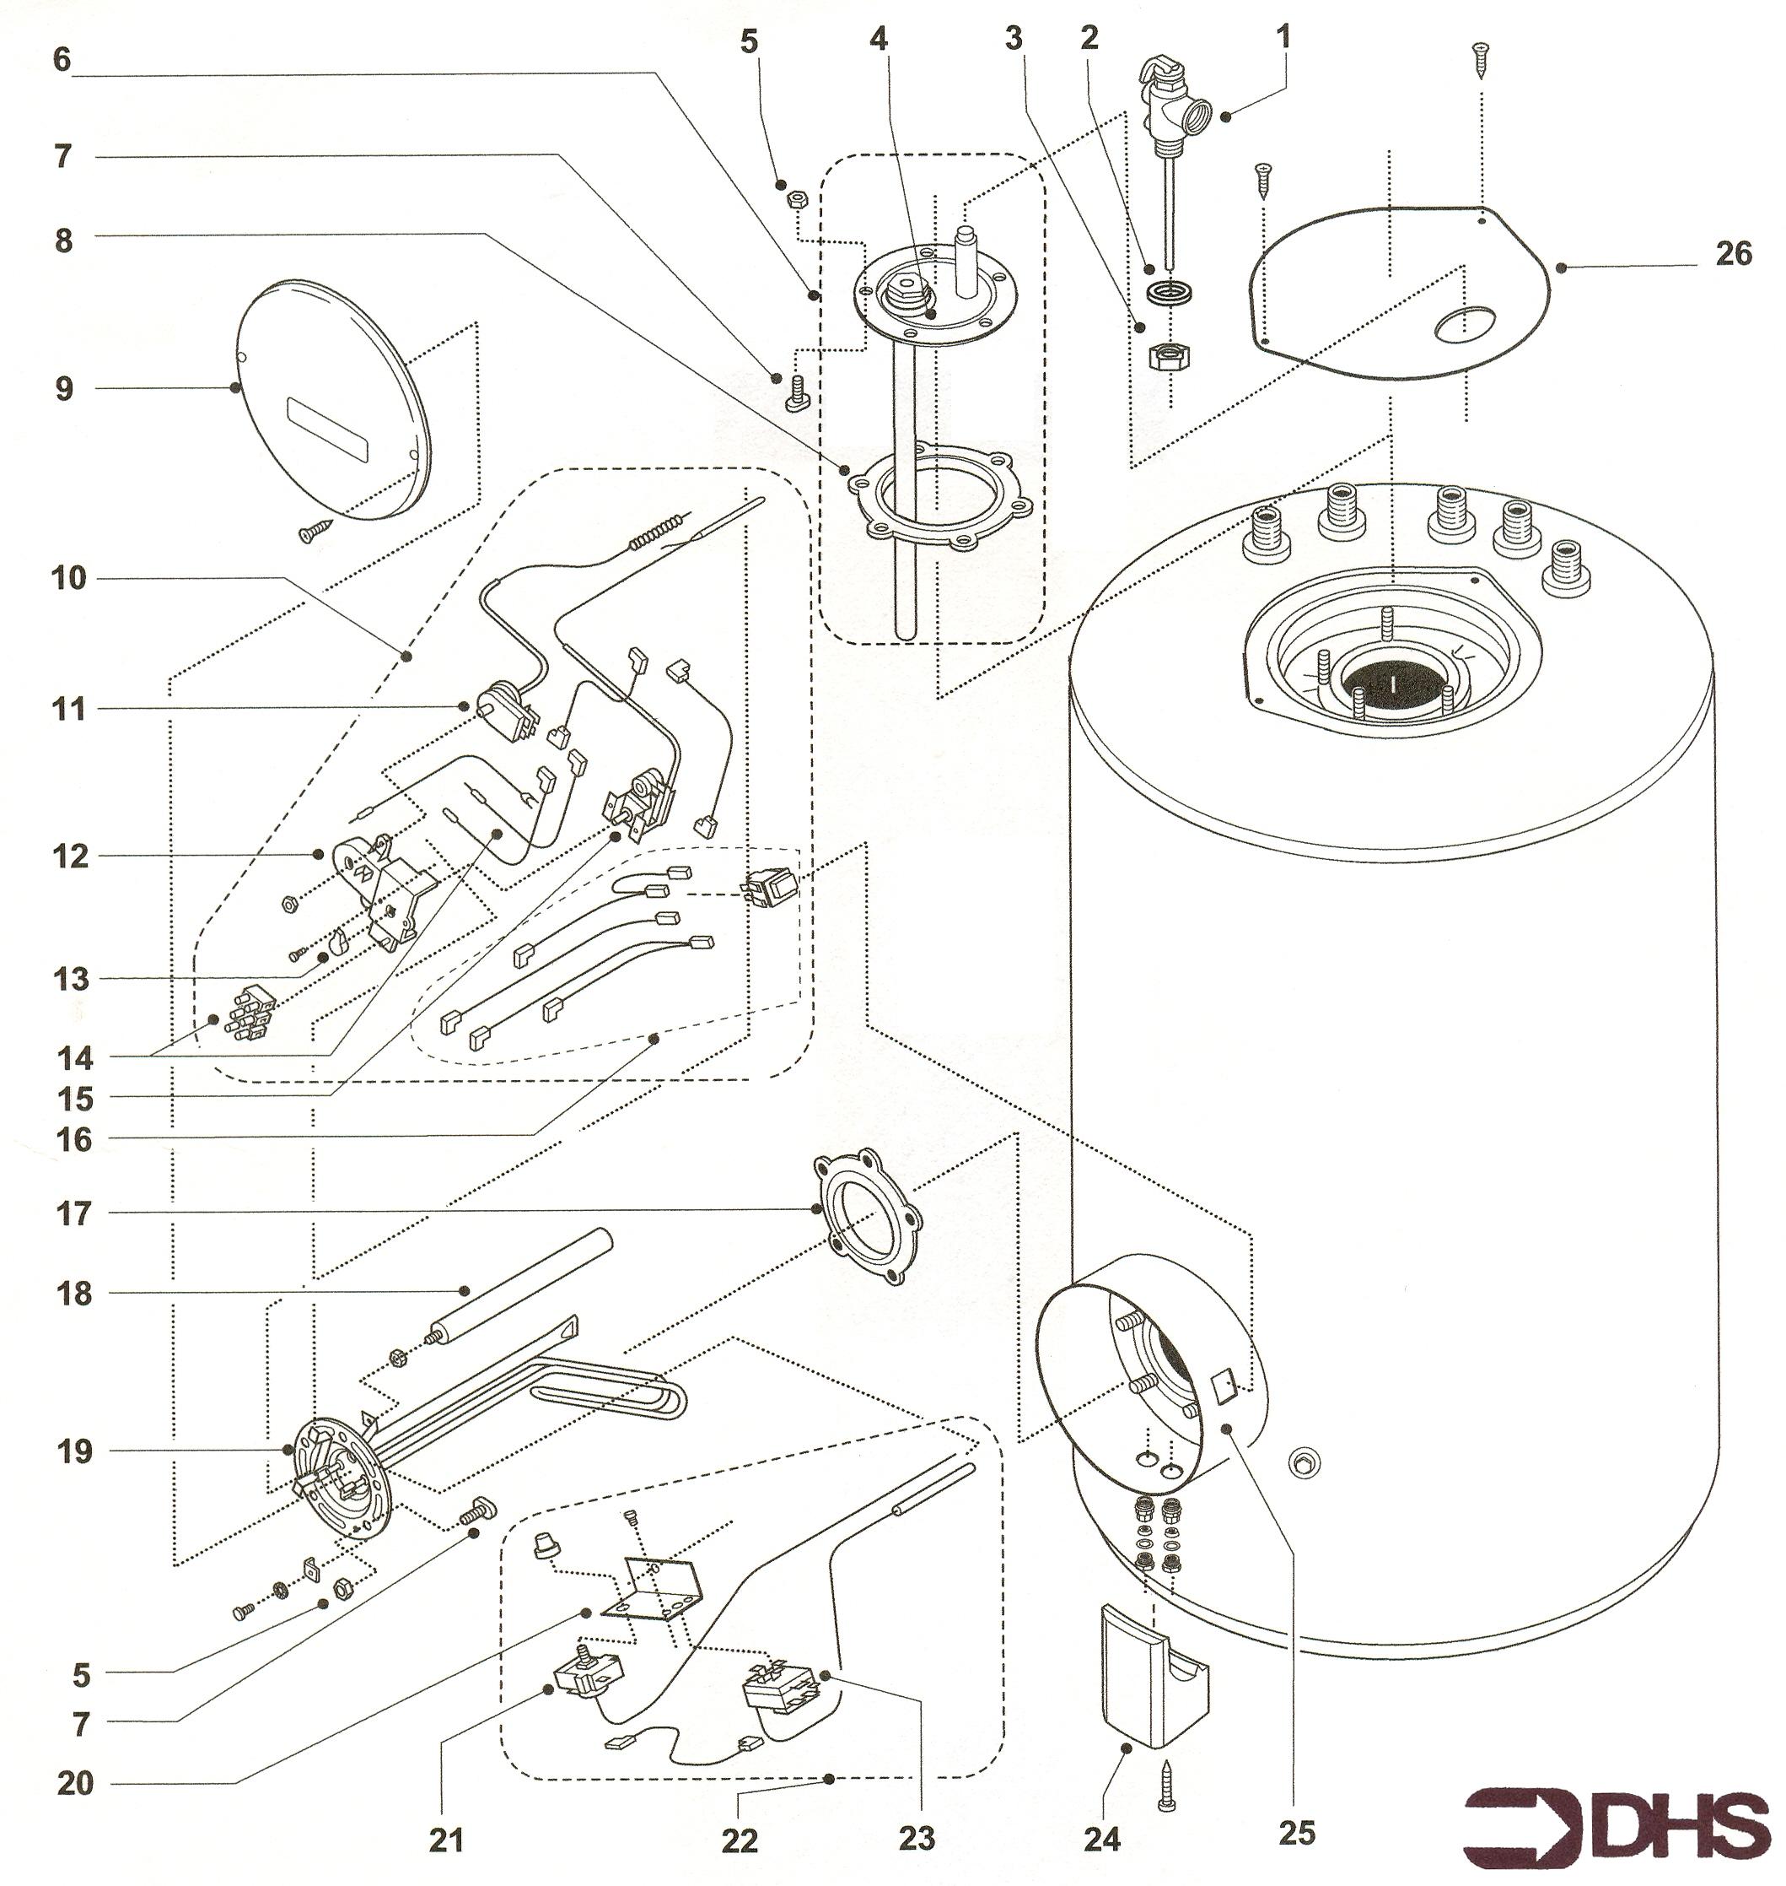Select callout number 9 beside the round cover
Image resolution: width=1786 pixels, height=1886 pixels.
click(64, 389)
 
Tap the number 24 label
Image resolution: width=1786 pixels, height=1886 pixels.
click(1101, 1839)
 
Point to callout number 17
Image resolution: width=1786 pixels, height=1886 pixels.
click(73, 1213)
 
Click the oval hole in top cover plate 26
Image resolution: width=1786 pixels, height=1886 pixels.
click(1462, 325)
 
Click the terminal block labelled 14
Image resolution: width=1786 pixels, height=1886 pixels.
click(250, 1013)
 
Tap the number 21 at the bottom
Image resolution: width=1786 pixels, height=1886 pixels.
click(445, 1839)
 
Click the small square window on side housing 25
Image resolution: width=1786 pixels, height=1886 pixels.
click(1224, 1383)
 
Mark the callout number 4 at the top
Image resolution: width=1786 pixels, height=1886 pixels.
click(878, 40)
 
